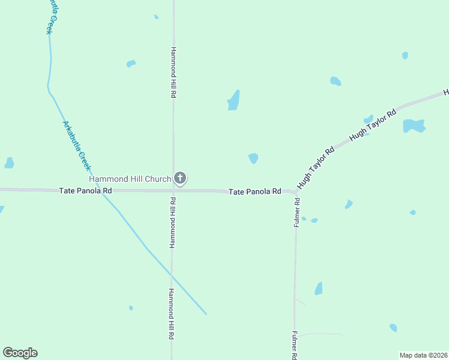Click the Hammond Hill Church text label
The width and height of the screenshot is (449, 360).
pos(130,179)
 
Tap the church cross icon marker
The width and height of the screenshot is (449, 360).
pos(180,178)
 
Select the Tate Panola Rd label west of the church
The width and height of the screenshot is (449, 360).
pos(86,190)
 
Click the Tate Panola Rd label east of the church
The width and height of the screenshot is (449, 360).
pos(255,191)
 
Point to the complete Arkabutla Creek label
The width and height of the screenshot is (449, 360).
pos(77,146)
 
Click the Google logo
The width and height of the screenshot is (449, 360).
pos(20,353)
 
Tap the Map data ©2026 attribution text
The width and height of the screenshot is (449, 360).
pos(423,355)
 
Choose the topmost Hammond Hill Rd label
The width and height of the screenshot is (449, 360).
pos(173,73)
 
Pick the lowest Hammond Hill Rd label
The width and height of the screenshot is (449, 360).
pos(171,314)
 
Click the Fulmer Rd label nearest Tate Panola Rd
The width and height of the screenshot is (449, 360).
pos(297,212)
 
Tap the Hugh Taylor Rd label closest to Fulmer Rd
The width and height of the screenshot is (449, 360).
pos(315,169)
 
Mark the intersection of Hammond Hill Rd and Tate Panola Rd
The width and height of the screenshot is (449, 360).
pos(173,191)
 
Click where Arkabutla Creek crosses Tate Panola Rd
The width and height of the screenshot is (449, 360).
pos(103,190)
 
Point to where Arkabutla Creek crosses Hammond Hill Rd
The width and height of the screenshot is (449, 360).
pos(172,276)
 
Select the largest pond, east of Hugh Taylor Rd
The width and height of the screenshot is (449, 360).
pos(413,125)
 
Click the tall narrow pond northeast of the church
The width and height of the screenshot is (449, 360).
pos(234,101)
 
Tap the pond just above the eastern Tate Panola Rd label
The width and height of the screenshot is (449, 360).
pos(253,158)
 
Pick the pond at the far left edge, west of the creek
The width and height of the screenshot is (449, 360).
pos(9,163)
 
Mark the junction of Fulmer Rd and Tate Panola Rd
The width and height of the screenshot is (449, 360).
pos(295,193)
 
